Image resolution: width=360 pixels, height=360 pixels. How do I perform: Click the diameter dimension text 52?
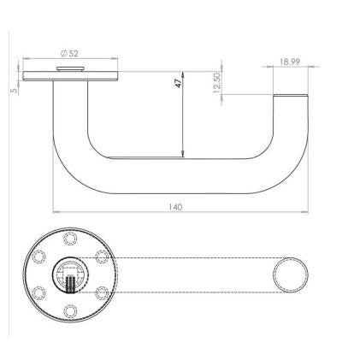pyautogui.click(x=74, y=53)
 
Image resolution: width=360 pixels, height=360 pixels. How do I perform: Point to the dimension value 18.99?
pyautogui.click(x=290, y=62)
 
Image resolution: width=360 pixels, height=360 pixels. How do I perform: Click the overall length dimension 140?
pyautogui.click(x=176, y=207)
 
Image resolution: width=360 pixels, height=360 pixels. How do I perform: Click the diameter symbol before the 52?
pyautogui.click(x=64, y=53)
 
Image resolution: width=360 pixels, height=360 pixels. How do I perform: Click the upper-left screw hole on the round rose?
pyautogui.click(x=39, y=256)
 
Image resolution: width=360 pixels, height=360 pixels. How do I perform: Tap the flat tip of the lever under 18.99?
pyautogui.click(x=290, y=96)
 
